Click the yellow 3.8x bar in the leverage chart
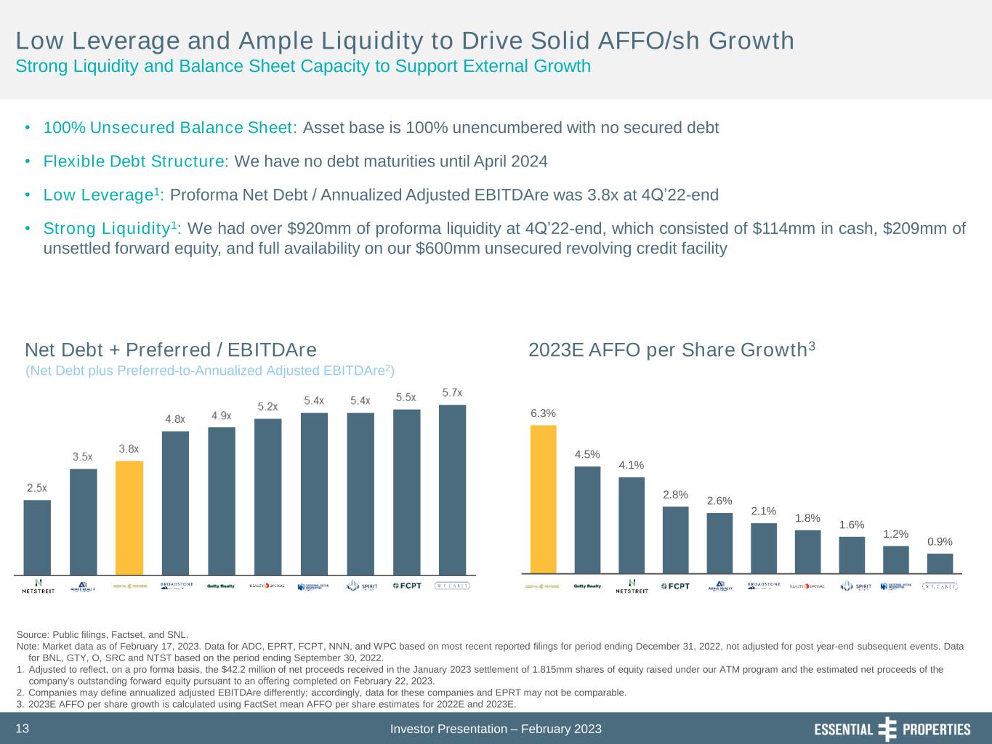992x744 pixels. pos(129,517)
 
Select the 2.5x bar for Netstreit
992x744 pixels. pos(37,537)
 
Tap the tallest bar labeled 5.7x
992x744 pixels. pos(452,489)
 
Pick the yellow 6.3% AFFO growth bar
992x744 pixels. pos(543,499)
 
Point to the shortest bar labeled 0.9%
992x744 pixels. pos(940,564)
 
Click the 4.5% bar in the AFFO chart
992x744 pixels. pos(587,519)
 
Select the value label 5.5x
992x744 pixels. pos(406,397)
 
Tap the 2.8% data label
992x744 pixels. pos(675,495)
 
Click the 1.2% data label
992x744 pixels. pos(895,534)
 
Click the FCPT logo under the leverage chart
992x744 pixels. pos(406,586)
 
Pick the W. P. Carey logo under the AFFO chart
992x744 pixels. pos(940,586)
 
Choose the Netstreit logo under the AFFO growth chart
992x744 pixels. pos(632,586)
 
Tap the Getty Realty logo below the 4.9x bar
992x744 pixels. pos(222,586)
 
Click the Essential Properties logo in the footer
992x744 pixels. pos(892,729)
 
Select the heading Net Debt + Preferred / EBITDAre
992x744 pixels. pos(171,350)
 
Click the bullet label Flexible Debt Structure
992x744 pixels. pos(136,161)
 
